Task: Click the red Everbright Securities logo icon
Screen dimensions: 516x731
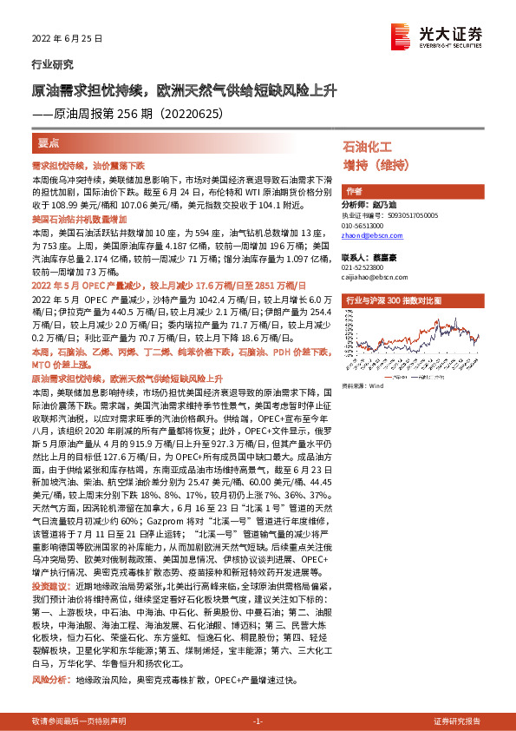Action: (x=401, y=35)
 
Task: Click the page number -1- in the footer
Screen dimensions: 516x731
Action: (x=258, y=721)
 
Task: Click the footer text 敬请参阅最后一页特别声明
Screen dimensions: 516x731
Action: (x=78, y=721)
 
